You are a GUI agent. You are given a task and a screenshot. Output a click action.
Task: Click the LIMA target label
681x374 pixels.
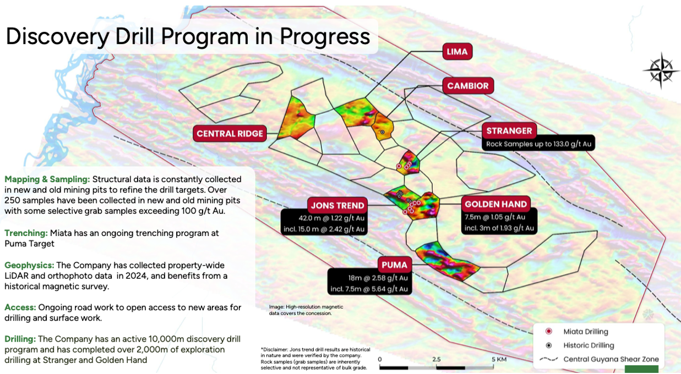[x=457, y=52]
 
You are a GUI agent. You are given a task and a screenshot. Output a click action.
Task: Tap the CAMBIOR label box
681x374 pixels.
[x=468, y=86]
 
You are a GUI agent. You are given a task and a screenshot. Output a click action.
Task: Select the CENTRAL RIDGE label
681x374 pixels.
[x=230, y=134]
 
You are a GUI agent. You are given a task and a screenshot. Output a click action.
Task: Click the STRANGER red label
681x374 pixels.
[x=509, y=131]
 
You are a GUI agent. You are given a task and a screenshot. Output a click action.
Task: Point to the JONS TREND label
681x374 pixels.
[x=337, y=205]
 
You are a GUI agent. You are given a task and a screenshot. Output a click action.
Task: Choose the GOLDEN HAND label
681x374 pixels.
[x=496, y=204]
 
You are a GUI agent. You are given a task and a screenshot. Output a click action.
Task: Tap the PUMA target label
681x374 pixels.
[x=395, y=265]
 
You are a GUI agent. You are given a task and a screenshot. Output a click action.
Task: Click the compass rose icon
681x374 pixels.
[x=661, y=71]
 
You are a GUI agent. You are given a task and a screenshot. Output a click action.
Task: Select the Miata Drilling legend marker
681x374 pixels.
[x=549, y=331]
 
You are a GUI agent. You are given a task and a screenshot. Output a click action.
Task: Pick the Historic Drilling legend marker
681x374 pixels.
[x=549, y=345]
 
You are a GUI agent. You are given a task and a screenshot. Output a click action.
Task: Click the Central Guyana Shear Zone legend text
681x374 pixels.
[x=611, y=359]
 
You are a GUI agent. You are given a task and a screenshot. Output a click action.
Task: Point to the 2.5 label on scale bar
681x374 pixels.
[x=436, y=359]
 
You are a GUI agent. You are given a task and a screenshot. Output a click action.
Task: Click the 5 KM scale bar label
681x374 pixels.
[x=499, y=359]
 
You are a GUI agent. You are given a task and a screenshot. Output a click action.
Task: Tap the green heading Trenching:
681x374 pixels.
[x=26, y=233]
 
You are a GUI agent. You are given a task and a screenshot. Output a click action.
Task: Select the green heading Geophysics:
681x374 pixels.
[x=30, y=265]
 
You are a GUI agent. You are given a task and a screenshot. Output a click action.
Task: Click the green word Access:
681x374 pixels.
[x=20, y=307]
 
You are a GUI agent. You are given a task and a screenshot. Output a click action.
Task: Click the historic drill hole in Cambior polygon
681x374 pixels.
[x=383, y=132]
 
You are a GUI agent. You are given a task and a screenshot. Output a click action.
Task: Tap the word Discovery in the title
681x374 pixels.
[x=57, y=37]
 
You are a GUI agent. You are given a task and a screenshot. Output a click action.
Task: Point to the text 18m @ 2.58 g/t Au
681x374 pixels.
[x=378, y=278]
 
